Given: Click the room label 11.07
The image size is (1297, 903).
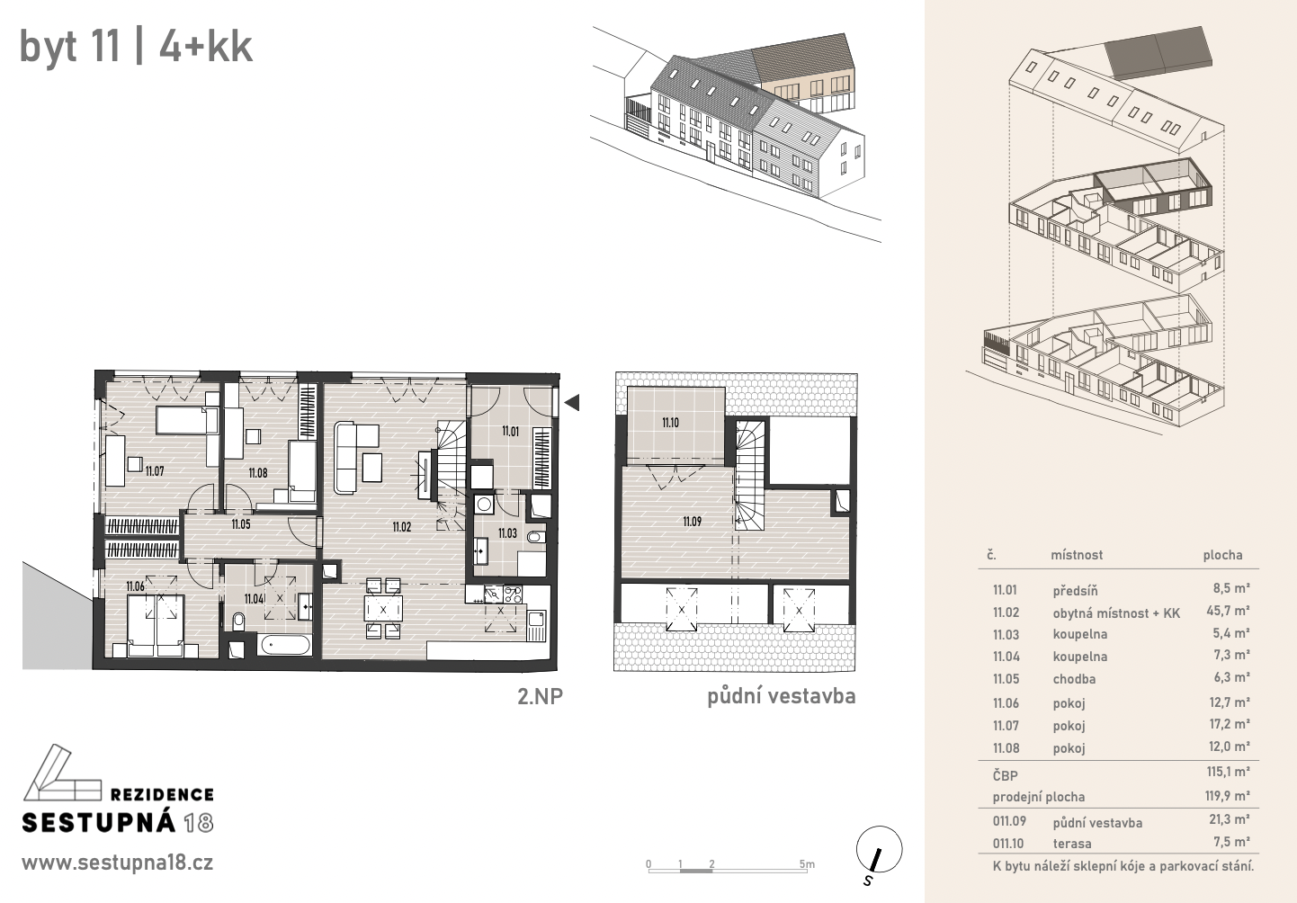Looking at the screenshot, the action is [155, 471].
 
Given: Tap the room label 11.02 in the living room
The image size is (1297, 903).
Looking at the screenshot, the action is [402, 527].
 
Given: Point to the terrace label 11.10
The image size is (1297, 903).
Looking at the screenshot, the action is [670, 423].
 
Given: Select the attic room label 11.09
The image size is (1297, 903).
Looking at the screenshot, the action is [692, 522].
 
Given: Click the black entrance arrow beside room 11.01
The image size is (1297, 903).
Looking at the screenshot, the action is [572, 402].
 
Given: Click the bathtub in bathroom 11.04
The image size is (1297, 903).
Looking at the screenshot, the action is [283, 645].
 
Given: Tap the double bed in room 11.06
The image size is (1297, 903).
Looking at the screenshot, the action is [156, 626].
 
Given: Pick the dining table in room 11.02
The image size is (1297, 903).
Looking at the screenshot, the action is [383, 608].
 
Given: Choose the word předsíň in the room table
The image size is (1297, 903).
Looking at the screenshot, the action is [1075, 590].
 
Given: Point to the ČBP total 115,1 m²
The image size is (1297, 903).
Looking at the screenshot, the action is [1228, 772].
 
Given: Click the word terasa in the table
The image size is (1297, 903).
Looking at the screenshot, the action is [1072, 844].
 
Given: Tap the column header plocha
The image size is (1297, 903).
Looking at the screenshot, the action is [1222, 555].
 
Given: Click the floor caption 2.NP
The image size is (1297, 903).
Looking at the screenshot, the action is [540, 696].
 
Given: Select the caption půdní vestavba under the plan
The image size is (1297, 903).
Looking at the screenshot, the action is [781, 696].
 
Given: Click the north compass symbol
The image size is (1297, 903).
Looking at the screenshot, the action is [879, 850].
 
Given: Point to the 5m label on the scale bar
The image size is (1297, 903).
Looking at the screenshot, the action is [807, 864].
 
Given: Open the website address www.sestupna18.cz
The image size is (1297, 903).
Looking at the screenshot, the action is [118, 863].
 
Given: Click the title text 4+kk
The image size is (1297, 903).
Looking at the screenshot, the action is [206, 46].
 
